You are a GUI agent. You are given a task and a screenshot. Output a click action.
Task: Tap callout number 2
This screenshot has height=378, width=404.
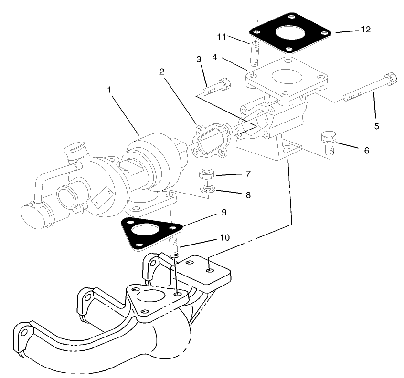pos(162,72)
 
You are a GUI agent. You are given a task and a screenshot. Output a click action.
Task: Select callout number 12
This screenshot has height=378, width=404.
pos(365,30)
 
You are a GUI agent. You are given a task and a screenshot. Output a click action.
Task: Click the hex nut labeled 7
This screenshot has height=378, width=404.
pos(206,174)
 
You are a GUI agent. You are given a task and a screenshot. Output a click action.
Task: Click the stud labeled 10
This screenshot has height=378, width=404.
pos(175,248)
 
